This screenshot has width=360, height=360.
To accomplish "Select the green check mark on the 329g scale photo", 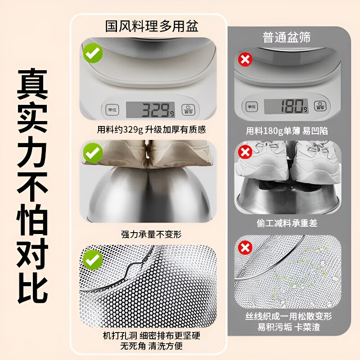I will click(x=93, y=54).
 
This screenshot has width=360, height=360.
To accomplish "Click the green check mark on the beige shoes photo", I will click(x=93, y=153).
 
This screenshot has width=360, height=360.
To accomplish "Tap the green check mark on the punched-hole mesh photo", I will click(x=93, y=259).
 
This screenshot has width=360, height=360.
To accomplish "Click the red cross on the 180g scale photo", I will click(x=245, y=59).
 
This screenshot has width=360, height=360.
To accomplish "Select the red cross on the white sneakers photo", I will click(x=245, y=152).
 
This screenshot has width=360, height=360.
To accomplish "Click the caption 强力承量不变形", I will click(x=152, y=234).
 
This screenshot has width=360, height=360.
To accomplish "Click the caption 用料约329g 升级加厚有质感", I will click(x=152, y=130).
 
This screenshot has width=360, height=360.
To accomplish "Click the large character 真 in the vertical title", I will click(x=32, y=85).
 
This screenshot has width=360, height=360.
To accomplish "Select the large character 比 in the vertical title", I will click(x=32, y=284).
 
